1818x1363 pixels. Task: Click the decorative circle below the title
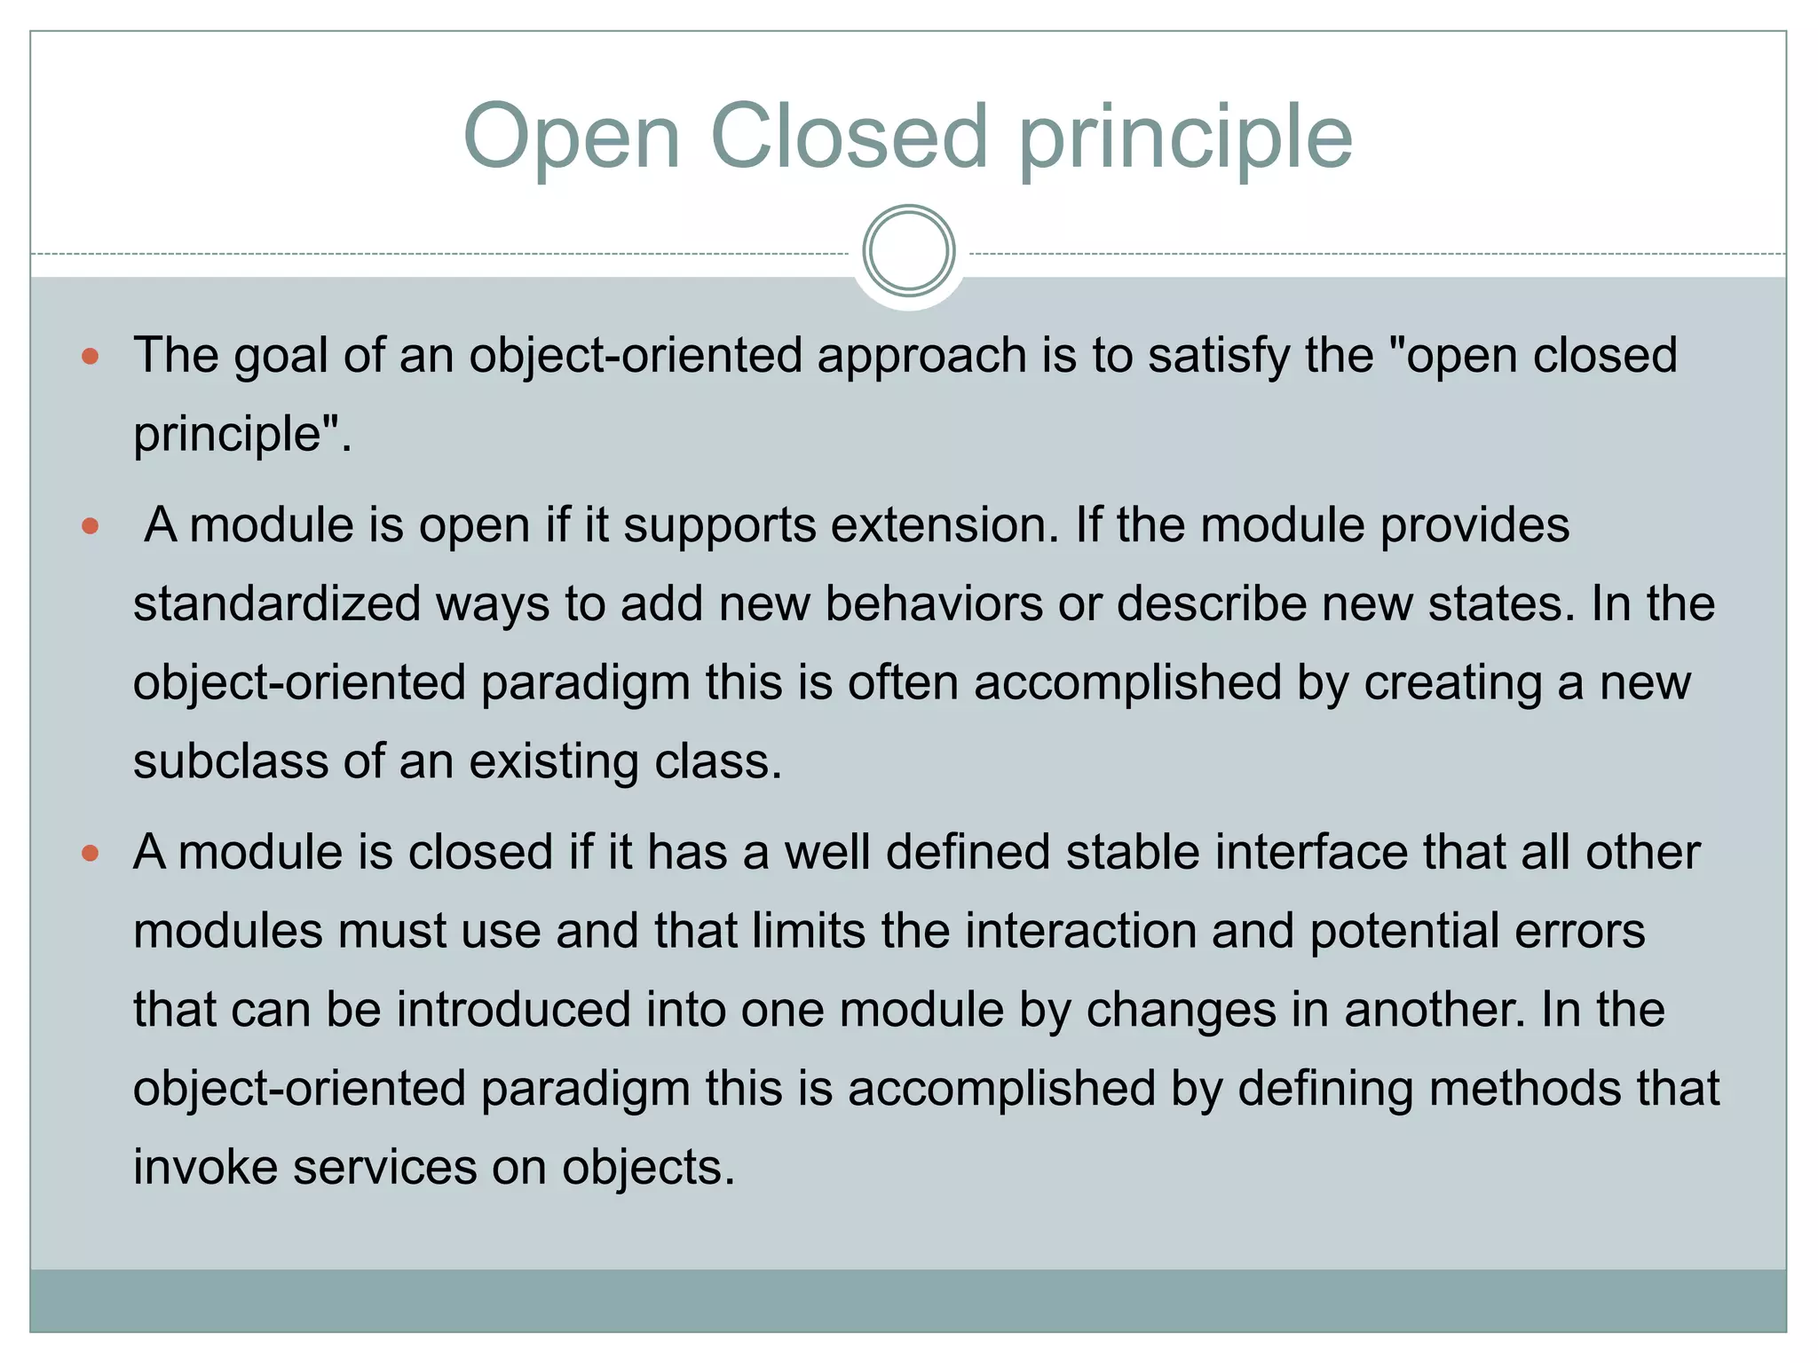[908, 251]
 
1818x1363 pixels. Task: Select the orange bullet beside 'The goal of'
[90, 357]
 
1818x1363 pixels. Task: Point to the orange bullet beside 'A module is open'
[90, 526]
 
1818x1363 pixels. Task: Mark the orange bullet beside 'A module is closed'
[90, 854]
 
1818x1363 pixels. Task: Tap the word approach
[921, 357]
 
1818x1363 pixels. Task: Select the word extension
[945, 525]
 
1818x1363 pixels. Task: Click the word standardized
[277, 604]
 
